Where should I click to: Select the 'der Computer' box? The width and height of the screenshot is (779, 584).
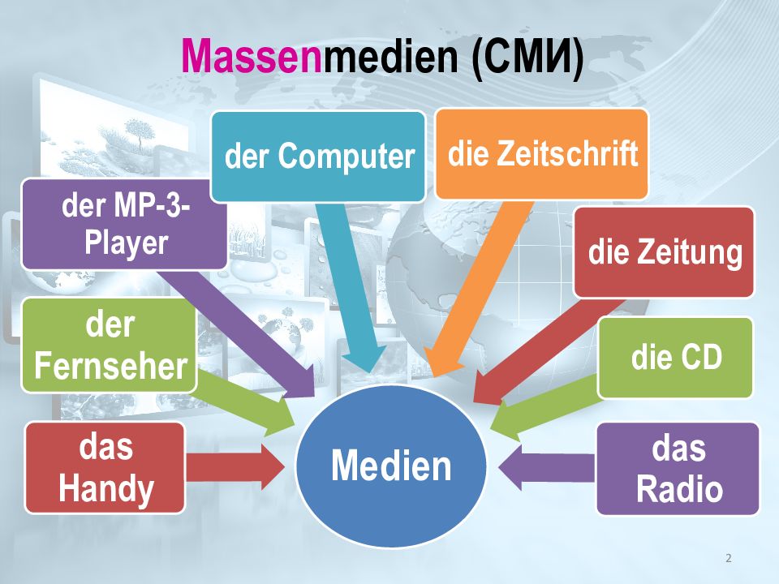[318, 156]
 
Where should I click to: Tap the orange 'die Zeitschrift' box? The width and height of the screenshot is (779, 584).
[542, 154]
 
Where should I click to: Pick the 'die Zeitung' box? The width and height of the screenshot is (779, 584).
[665, 252]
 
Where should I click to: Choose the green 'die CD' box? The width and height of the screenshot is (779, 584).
[676, 357]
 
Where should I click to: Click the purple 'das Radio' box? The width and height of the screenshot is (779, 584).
[678, 469]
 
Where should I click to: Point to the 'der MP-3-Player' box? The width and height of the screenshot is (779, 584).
[124, 224]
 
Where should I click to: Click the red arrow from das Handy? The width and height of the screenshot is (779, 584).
[235, 466]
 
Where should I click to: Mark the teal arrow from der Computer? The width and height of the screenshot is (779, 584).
[350, 284]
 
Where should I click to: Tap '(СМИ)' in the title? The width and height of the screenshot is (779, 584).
[527, 58]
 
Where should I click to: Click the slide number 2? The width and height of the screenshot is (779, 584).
[728, 558]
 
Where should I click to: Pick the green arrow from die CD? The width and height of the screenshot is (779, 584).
[544, 406]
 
